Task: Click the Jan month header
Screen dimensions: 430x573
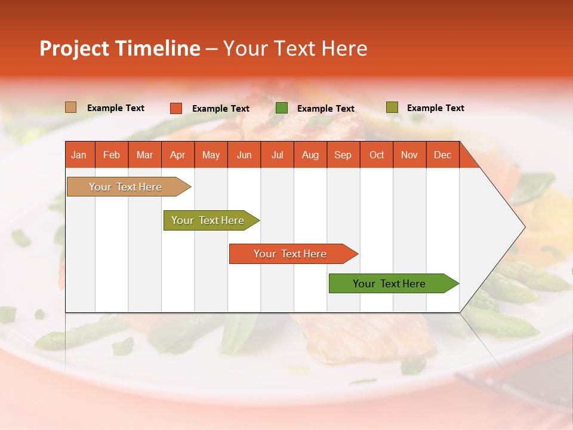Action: pyautogui.click(x=79, y=155)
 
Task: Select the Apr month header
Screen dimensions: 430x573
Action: pyautogui.click(x=177, y=155)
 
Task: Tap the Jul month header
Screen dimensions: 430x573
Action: pyautogui.click(x=277, y=155)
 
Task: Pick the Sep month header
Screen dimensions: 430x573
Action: pyautogui.click(x=343, y=155)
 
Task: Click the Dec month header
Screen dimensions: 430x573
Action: pyautogui.click(x=442, y=155)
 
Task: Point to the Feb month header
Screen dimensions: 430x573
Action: pyautogui.click(x=112, y=155)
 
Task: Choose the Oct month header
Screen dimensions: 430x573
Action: pyautogui.click(x=377, y=155)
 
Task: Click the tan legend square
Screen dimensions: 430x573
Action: pyautogui.click(x=70, y=107)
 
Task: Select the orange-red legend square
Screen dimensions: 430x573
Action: pyautogui.click(x=175, y=108)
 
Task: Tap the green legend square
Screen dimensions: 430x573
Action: pyautogui.click(x=282, y=108)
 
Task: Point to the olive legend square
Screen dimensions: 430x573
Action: pyautogui.click(x=392, y=107)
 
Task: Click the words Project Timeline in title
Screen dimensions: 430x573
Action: pyautogui.click(x=120, y=48)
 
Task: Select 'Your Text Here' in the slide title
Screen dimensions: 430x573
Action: pyautogui.click(x=295, y=48)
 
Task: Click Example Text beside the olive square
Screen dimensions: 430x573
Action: pyautogui.click(x=435, y=108)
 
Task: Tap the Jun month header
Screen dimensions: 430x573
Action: pyautogui.click(x=244, y=155)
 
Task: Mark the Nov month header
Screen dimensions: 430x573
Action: pyautogui.click(x=409, y=155)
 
